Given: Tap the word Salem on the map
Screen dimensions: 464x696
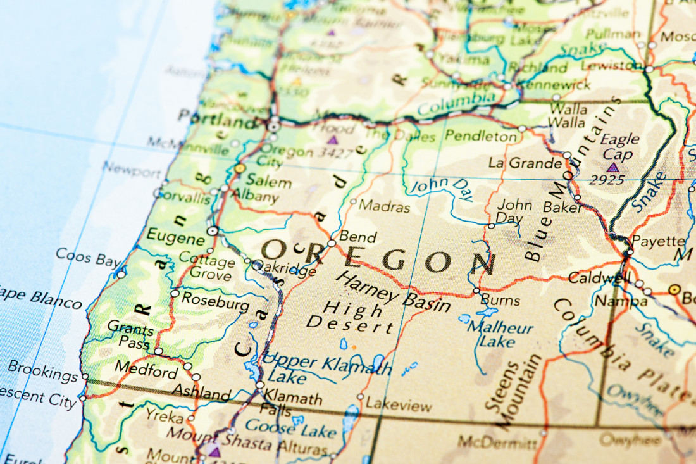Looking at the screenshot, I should click(268, 182).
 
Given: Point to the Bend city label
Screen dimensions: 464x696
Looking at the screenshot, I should click(357, 237).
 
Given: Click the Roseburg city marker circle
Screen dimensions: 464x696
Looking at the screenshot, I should click(175, 294).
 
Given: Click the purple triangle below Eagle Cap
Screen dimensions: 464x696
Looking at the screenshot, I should click(612, 168).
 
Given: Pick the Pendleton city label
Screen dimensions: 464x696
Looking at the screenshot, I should click(481, 135).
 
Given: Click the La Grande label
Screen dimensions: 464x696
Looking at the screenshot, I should click(525, 163).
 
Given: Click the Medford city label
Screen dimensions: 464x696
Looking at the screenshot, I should click(146, 370).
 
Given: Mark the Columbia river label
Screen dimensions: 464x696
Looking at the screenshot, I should click(456, 103).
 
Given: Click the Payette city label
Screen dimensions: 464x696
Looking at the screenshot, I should click(658, 241).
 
